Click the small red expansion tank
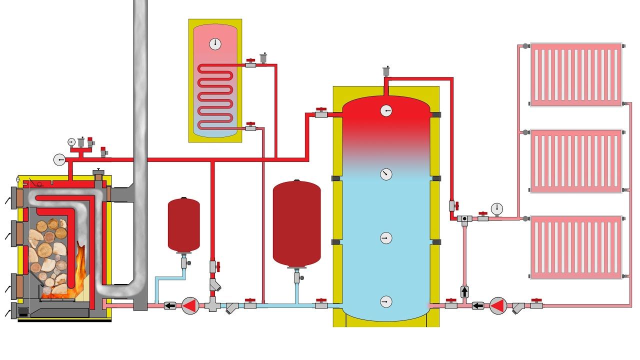point(183,225)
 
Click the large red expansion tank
point(296,223)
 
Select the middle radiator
point(575,161)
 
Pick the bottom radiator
point(575,247)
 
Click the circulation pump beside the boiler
point(190,305)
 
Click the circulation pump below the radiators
point(498,305)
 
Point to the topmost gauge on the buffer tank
point(386,110)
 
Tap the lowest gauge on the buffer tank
point(386,301)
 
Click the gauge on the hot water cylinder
point(215,43)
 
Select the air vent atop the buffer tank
point(386,70)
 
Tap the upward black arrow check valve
point(464,291)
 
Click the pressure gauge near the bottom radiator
point(496,208)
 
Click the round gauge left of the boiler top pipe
point(59,159)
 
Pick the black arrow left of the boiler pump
point(170,305)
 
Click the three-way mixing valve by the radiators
point(464,219)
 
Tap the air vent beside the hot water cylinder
point(264,58)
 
